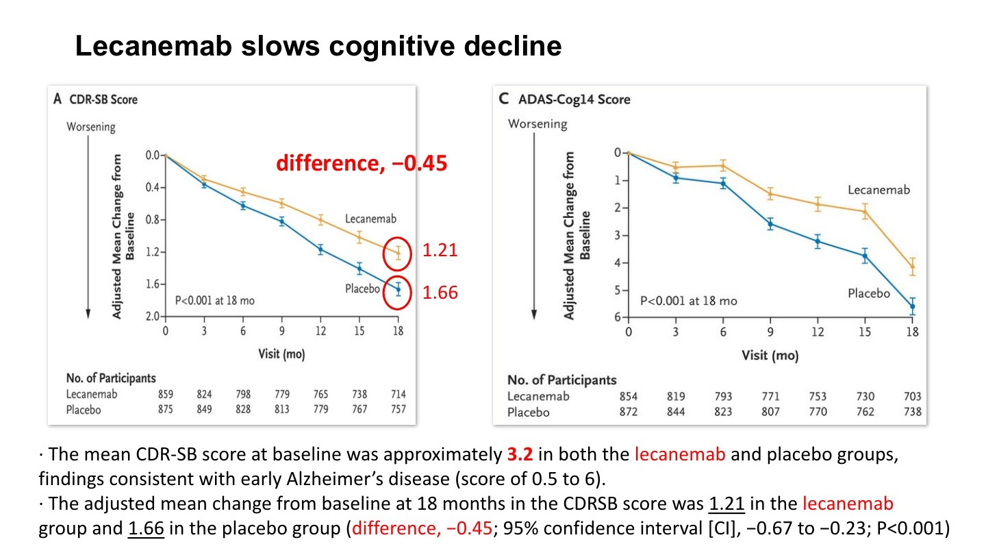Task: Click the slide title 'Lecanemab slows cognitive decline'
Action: click(318, 47)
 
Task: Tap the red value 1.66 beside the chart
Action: click(440, 293)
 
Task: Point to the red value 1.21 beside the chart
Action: click(440, 251)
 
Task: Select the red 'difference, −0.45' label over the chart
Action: click(362, 164)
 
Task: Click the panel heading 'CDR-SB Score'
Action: click(103, 99)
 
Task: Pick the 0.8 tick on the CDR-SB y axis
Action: click(152, 220)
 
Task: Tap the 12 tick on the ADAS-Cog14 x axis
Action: click(818, 332)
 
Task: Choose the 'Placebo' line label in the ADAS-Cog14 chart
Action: click(869, 293)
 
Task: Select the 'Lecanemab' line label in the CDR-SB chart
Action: click(370, 219)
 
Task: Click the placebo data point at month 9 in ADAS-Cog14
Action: click(770, 223)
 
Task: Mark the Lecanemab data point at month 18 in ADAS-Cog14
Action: click(912, 267)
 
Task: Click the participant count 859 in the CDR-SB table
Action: click(166, 394)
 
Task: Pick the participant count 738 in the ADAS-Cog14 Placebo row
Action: click(912, 412)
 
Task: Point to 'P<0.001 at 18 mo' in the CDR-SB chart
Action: click(213, 299)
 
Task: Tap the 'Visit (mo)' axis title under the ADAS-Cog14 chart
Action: click(770, 356)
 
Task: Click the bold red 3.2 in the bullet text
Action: click(518, 454)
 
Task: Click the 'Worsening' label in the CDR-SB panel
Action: click(90, 127)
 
